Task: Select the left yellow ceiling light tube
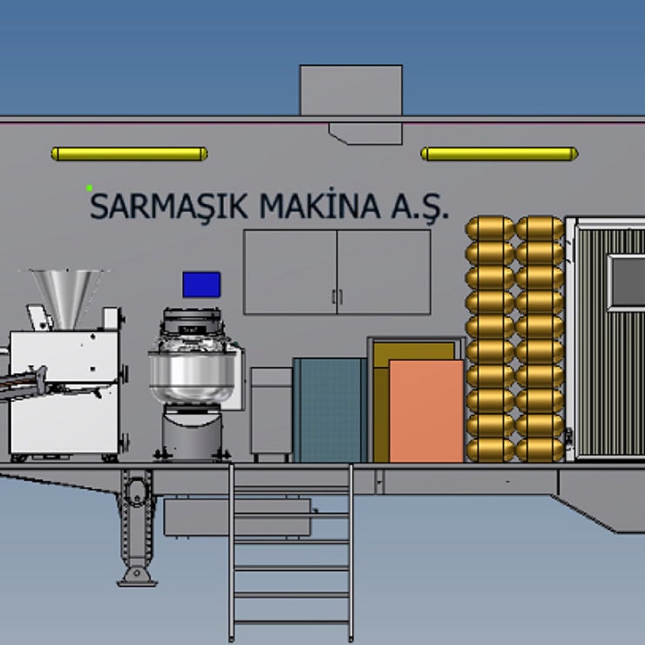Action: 129,154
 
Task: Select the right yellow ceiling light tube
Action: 499,154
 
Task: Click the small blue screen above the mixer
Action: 201,284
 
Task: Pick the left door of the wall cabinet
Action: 289,272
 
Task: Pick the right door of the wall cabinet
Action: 384,272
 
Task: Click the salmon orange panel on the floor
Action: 426,411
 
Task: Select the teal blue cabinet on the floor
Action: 328,410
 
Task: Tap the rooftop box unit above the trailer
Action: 350,90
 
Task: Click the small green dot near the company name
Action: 89,187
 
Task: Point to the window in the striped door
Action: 628,282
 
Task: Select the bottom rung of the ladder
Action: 292,622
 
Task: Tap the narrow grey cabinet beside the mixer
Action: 271,414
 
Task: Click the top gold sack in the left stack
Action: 490,228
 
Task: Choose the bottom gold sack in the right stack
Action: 540,450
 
